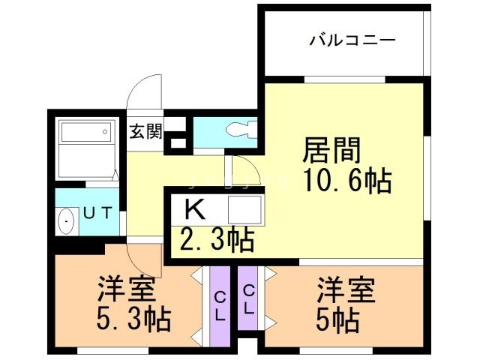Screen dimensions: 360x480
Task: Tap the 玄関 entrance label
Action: (x=145, y=131)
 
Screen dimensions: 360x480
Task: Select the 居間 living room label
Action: (x=331, y=150)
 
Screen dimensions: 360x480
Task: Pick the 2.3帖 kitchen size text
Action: (x=216, y=240)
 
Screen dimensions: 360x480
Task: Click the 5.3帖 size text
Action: (x=133, y=319)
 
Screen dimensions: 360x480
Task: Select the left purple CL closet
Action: (x=219, y=304)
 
